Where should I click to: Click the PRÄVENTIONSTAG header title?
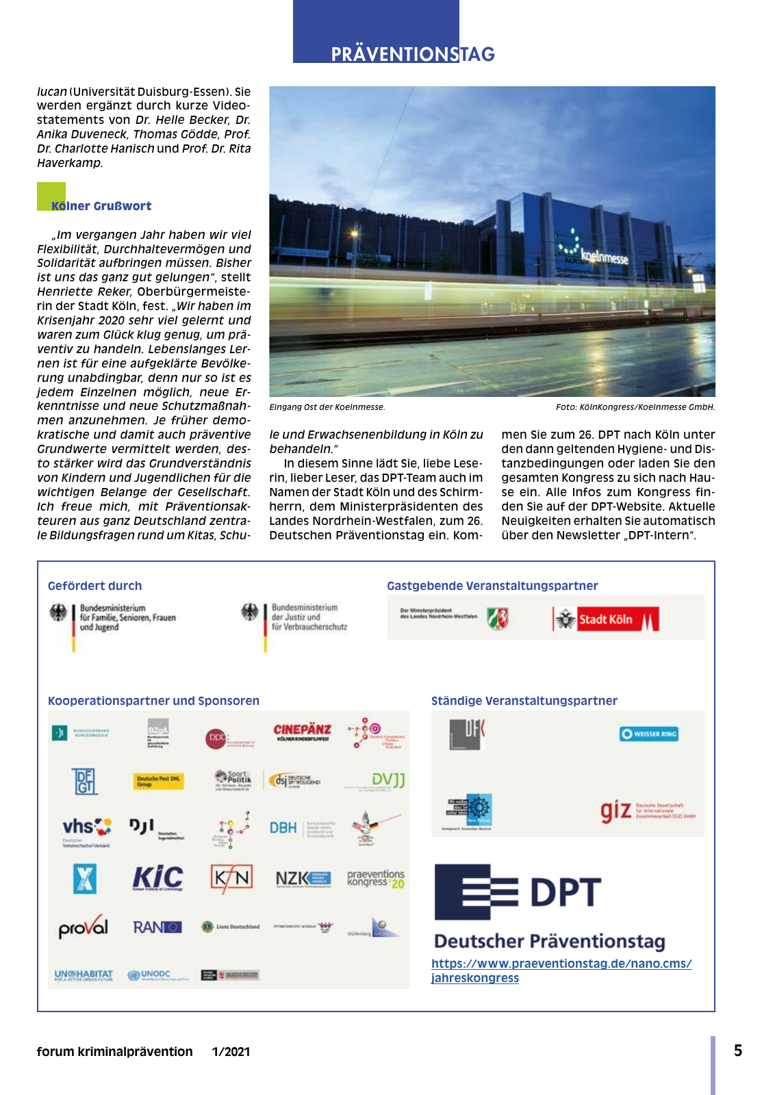pyautogui.click(x=412, y=54)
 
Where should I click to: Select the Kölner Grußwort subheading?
pyautogui.click(x=101, y=206)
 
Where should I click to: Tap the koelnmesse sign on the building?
pyautogui.click(x=603, y=257)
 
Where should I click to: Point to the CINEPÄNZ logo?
pyautogui.click(x=302, y=732)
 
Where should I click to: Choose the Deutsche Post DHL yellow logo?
pyautogui.click(x=158, y=781)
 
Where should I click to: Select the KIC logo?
pyautogui.click(x=158, y=878)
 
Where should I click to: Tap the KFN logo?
pyautogui.click(x=231, y=878)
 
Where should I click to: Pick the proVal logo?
pyautogui.click(x=84, y=927)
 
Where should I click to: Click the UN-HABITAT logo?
pyautogui.click(x=84, y=975)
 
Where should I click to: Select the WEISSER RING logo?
pyautogui.click(x=648, y=734)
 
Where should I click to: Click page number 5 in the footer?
pyautogui.click(x=738, y=1051)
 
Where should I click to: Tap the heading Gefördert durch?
pyautogui.click(x=95, y=586)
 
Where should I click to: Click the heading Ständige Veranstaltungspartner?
pyautogui.click(x=524, y=701)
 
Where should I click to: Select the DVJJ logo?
pyautogui.click(x=388, y=780)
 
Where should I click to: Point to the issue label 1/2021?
pyautogui.click(x=231, y=1052)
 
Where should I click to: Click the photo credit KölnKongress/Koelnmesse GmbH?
pyautogui.click(x=635, y=407)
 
